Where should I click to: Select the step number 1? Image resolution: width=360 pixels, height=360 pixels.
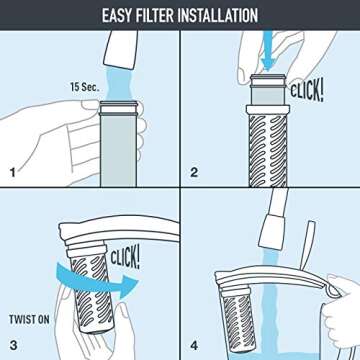(12, 172)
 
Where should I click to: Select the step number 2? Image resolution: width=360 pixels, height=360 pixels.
(194, 172)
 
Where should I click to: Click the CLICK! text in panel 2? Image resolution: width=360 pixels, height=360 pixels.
(306, 91)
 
